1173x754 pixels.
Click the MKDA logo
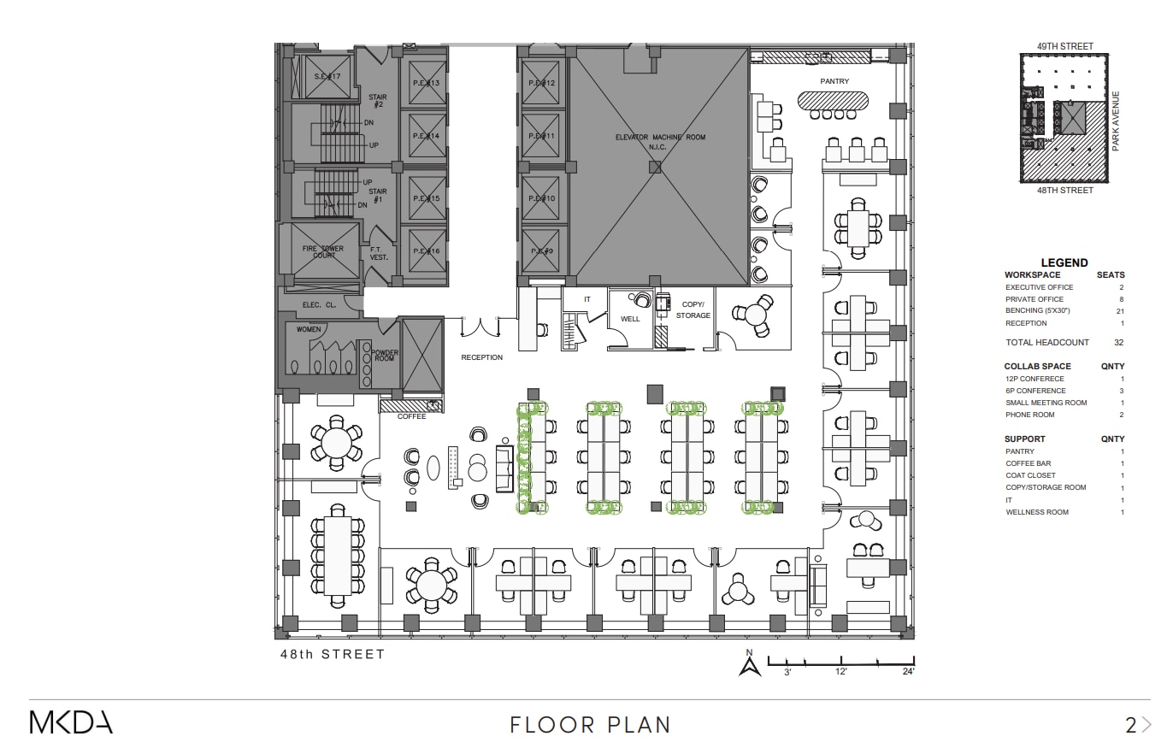71,722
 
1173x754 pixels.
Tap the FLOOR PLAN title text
590,725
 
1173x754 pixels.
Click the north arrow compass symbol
750,665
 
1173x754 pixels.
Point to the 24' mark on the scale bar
907,672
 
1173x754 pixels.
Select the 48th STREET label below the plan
333,654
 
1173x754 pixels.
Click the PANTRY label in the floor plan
834,81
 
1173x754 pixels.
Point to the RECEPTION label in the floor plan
481,357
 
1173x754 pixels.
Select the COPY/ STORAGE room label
693,309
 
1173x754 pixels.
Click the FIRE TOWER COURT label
322,252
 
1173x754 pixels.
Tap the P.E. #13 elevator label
425,83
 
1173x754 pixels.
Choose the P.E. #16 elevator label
425,251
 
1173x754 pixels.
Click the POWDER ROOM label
384,356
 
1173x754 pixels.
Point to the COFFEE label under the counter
411,416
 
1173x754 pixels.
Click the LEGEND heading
1064,262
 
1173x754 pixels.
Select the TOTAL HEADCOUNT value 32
1118,342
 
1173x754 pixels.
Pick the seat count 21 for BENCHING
1120,311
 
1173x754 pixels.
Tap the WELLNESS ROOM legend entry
1036,512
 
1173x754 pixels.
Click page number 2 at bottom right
1130,725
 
